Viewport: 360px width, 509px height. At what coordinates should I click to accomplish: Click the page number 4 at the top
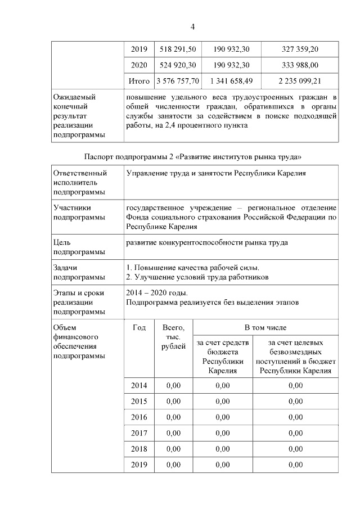(x=192, y=26)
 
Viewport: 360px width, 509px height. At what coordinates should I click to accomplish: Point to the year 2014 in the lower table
(x=139, y=385)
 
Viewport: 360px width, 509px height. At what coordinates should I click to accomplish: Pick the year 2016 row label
(x=139, y=417)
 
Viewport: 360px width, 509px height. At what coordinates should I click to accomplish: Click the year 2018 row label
(x=139, y=449)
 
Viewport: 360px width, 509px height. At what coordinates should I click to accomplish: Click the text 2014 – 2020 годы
(x=157, y=292)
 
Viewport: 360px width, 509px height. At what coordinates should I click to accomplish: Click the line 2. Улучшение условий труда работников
(x=197, y=277)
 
